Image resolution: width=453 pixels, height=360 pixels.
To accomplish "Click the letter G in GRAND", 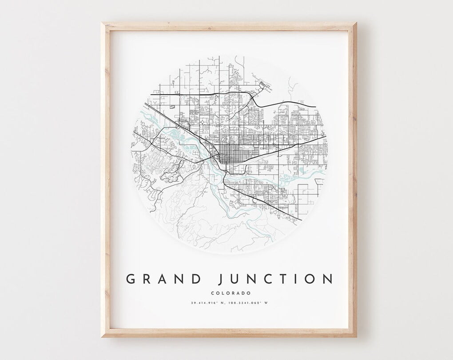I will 131,279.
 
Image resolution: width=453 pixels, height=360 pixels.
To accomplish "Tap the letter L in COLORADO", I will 221,293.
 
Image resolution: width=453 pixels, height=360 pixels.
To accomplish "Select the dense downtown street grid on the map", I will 231,156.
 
